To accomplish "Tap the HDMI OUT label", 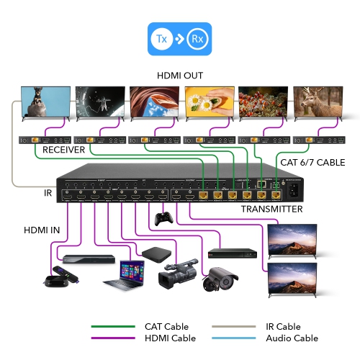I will click(180, 76).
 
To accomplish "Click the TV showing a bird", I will click(45, 102).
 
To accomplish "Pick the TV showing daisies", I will click(209, 102).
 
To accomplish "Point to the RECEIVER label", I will click(63, 150).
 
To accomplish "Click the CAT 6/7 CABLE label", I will click(312, 162).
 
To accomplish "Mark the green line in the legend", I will click(112, 327).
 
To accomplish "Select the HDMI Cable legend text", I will click(170, 338).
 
